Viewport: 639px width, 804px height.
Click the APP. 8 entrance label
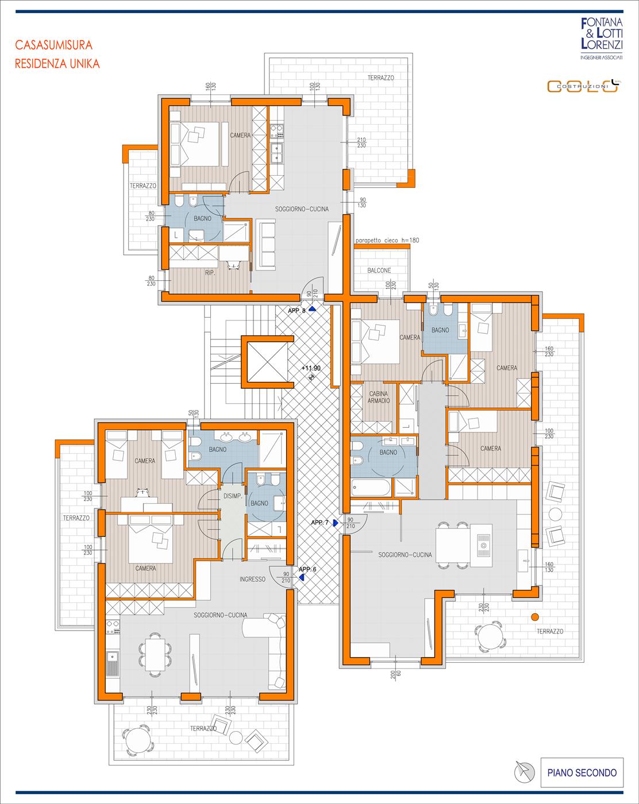297,311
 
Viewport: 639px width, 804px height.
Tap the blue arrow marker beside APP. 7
336,523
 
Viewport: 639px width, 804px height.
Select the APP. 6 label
307,569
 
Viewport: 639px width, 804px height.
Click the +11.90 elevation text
311,368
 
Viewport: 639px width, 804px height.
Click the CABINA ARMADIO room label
378,397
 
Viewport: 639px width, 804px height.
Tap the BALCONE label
379,270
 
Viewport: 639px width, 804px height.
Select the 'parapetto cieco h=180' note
387,240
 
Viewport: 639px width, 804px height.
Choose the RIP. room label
210,273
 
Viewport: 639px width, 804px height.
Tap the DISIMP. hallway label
233,496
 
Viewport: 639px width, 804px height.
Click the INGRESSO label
252,579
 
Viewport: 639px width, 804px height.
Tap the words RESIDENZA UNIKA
57,64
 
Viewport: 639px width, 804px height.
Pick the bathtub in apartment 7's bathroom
371,488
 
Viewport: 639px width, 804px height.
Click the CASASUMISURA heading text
53,45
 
